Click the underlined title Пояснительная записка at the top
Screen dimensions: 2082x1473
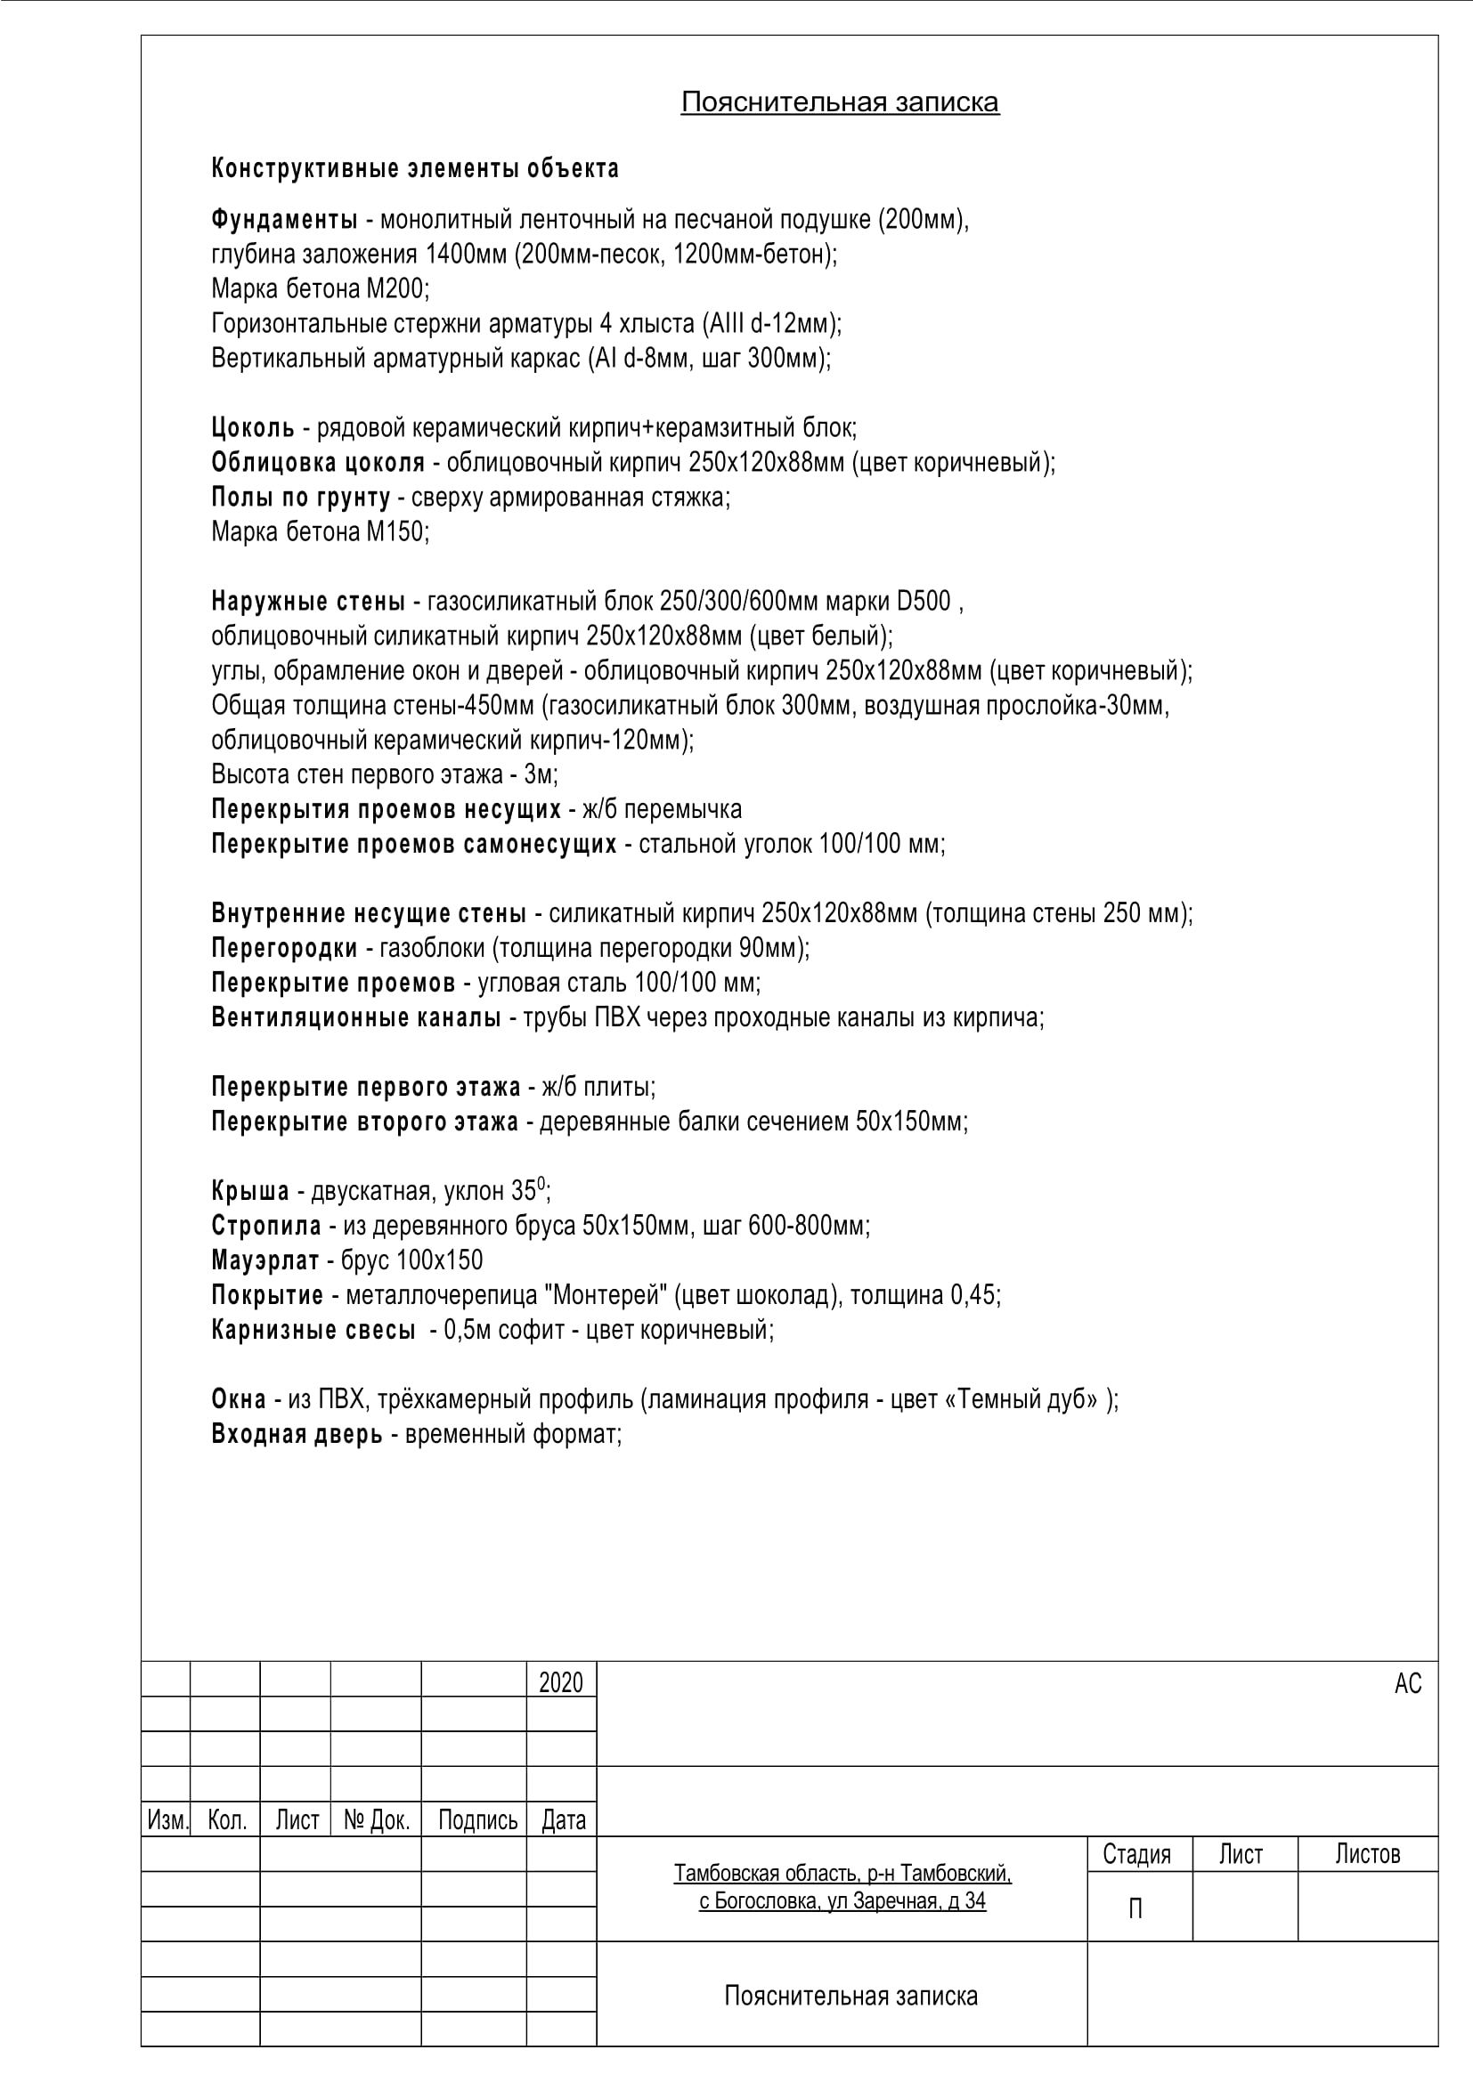[839, 102]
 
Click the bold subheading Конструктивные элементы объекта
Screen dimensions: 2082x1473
[414, 168]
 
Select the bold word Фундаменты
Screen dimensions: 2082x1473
[284, 220]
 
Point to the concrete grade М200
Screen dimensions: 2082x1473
[396, 289]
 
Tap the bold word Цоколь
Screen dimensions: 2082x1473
[252, 427]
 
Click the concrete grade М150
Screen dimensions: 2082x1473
[396, 531]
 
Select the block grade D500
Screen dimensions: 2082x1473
[924, 601]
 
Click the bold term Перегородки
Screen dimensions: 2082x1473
[284, 949]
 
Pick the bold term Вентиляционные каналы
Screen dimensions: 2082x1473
[355, 1017]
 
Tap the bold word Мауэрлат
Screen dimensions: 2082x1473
[264, 1260]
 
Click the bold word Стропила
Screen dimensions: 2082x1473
[265, 1226]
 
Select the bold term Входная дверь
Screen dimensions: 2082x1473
[297, 1435]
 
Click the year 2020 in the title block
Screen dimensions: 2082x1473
[560, 1683]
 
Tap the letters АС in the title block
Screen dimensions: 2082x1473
[1407, 1684]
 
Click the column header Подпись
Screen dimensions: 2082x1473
[477, 1820]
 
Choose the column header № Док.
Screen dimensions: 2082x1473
[377, 1820]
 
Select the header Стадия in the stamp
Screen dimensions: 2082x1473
[1135, 1854]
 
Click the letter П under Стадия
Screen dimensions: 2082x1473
[1135, 1909]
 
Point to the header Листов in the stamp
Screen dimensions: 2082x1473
[1367, 1854]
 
